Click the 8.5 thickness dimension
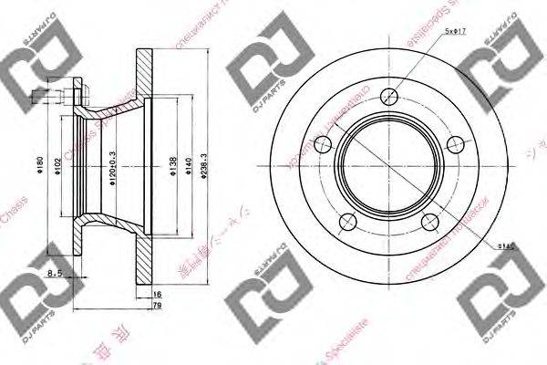[55, 271]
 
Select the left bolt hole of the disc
[322, 143]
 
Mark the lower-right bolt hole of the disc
[430, 222]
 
